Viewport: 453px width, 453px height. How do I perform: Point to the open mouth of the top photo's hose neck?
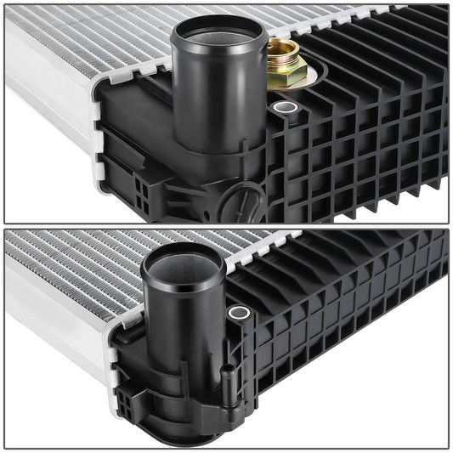click(x=218, y=32)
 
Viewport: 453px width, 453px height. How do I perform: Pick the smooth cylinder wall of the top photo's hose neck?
click(x=212, y=102)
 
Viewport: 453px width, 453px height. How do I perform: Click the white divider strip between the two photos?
click(x=226, y=226)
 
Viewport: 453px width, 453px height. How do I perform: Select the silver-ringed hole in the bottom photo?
click(x=239, y=313)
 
